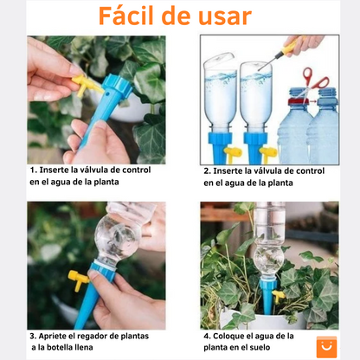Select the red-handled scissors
316,83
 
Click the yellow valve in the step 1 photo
83,83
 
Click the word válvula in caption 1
90,170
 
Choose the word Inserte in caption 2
230,170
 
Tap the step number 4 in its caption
207,336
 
